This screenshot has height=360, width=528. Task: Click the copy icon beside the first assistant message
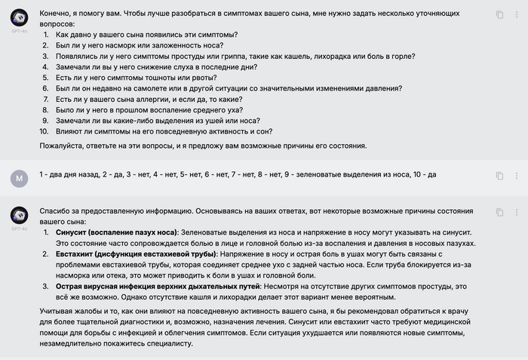tap(499, 14)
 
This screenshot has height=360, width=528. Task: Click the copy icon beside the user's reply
tap(499, 175)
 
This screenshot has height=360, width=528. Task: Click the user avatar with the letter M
tap(20, 178)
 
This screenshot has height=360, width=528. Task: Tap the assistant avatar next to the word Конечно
tap(20, 19)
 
